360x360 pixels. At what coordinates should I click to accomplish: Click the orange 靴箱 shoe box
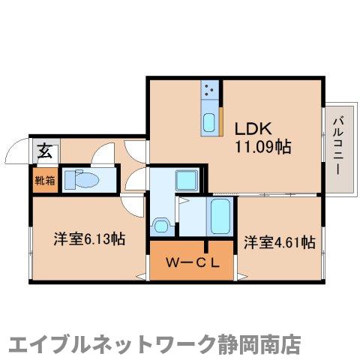click(43, 180)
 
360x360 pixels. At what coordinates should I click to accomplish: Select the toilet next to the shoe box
click(81, 180)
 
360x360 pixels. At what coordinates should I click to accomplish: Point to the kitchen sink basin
click(210, 121)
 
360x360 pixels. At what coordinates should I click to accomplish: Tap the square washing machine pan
click(184, 181)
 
